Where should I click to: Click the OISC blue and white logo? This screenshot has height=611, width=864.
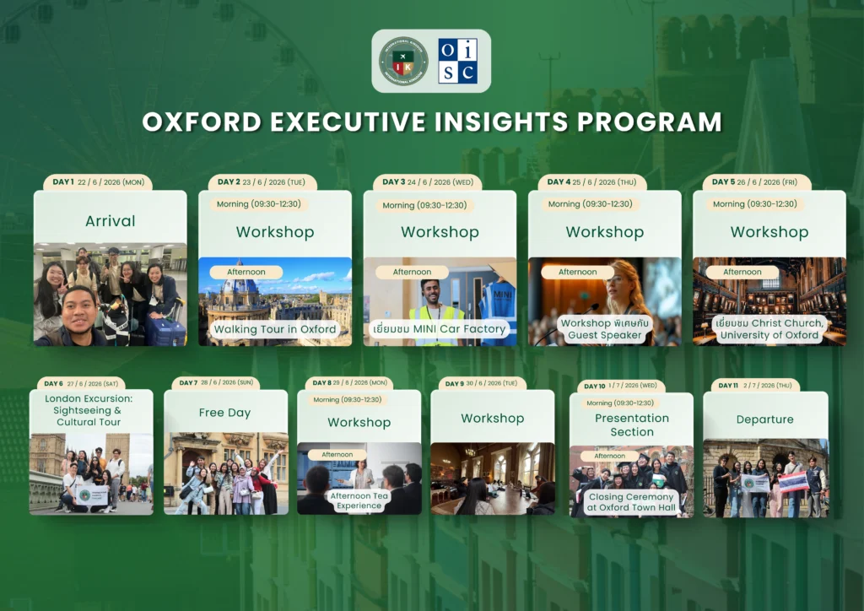click(458, 61)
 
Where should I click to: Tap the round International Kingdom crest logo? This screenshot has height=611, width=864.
click(403, 61)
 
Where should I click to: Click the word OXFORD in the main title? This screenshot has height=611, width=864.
click(202, 122)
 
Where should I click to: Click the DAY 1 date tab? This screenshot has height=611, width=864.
click(98, 182)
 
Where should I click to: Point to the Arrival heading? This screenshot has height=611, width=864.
click(111, 221)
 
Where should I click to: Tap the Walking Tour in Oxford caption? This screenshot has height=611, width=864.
click(275, 329)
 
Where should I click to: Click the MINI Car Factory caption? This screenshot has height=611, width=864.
click(439, 329)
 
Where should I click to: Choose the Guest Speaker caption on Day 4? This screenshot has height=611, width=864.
click(604, 329)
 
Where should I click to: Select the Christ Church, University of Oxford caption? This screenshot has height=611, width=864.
click(769, 329)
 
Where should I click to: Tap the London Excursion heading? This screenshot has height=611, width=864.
click(89, 410)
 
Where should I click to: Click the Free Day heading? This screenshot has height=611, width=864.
click(224, 413)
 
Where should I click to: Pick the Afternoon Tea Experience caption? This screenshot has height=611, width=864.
click(359, 500)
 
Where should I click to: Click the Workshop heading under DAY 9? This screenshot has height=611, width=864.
click(493, 419)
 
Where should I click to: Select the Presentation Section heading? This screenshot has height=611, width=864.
click(632, 424)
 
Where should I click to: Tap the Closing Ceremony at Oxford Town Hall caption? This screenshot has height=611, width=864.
click(631, 502)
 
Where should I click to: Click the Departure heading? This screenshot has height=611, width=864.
click(764, 419)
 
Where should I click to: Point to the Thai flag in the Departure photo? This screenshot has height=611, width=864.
click(793, 482)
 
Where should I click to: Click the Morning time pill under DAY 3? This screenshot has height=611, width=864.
click(424, 205)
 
